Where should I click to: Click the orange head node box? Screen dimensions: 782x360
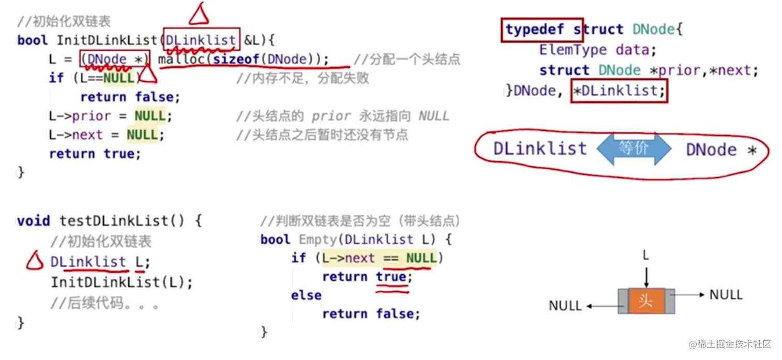[x=646, y=301]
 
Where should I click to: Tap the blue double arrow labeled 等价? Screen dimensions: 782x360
[x=634, y=148]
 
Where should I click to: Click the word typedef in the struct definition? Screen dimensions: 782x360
[x=534, y=29]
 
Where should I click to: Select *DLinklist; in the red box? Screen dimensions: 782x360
[x=619, y=91]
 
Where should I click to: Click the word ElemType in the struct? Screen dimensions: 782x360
[x=573, y=50]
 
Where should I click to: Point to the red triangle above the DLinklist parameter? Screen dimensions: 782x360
[x=199, y=14]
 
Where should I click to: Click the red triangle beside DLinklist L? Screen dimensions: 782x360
[x=35, y=261]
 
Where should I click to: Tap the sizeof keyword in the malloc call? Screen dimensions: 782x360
[x=236, y=59]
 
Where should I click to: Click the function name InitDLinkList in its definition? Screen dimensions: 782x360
[x=107, y=40]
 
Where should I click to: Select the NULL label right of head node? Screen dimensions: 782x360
[x=726, y=295]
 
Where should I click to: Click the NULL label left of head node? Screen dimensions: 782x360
[x=565, y=306]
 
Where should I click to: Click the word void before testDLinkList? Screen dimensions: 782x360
[x=34, y=221]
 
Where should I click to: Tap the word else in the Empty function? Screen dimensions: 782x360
[x=306, y=295]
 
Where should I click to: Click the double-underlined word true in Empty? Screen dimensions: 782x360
[x=391, y=277]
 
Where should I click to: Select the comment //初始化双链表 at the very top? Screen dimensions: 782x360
[x=64, y=21]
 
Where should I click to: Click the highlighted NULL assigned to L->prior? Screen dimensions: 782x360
[x=150, y=115]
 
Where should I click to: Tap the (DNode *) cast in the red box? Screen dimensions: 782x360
[x=115, y=59]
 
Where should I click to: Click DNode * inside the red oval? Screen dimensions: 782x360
[x=721, y=150]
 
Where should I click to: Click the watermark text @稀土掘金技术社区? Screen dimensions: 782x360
[x=730, y=344]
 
